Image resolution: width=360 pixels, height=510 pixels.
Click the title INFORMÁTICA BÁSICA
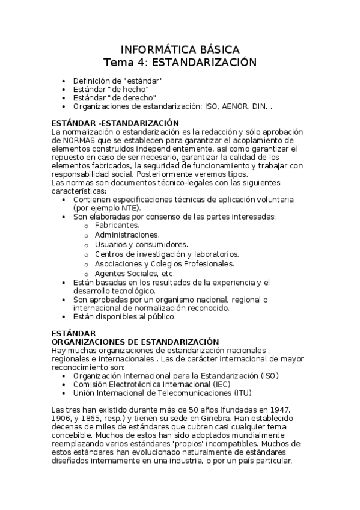click(180, 49)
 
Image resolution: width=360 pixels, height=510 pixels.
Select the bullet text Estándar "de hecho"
click(111, 89)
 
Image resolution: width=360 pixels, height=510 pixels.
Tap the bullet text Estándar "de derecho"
click(114, 97)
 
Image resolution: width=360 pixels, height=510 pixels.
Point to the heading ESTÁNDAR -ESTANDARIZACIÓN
click(108, 123)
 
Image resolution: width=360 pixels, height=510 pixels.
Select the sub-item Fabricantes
click(117, 224)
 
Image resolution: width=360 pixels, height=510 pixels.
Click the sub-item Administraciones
click(127, 235)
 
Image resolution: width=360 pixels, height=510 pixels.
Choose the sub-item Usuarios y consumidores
click(141, 244)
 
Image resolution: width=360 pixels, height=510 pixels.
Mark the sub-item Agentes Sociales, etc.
click(130, 273)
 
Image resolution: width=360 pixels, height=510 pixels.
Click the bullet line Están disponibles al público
click(124, 316)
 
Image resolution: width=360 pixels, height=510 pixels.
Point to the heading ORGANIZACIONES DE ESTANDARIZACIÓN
click(135, 342)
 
